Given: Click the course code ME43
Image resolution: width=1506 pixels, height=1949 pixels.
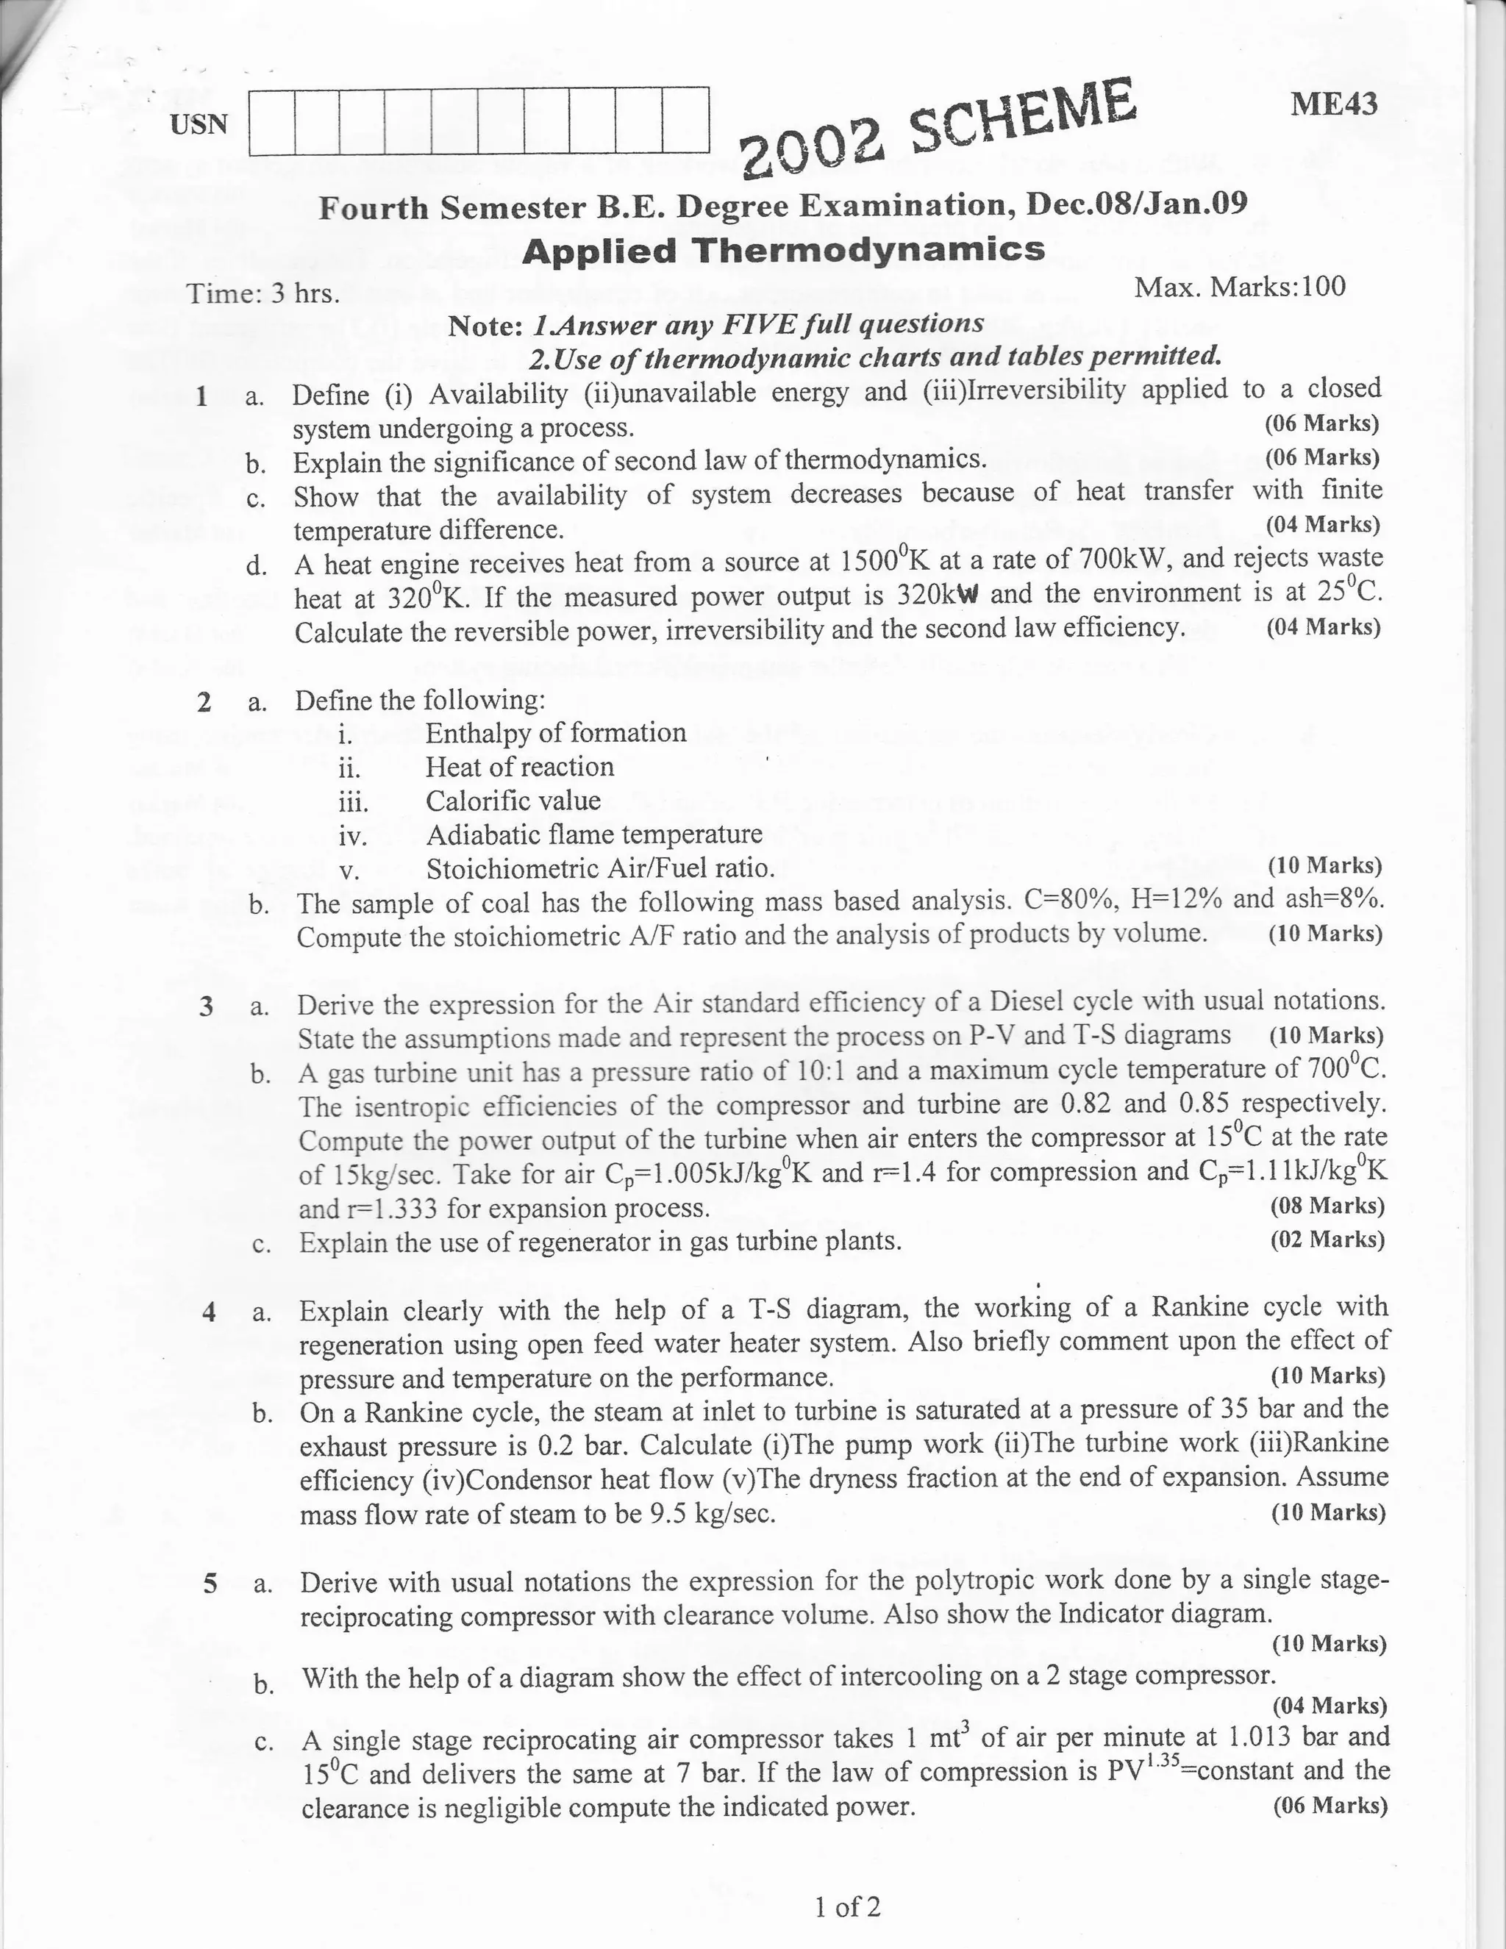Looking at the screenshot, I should [x=1334, y=104].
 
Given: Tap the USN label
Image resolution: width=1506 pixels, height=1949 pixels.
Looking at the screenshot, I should [x=199, y=124].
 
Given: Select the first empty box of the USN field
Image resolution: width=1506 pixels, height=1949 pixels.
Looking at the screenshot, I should [x=271, y=121].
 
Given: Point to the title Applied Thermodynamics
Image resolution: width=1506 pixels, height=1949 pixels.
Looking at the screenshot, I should [x=783, y=250].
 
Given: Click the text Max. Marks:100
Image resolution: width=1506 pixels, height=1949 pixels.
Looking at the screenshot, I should [x=1239, y=287].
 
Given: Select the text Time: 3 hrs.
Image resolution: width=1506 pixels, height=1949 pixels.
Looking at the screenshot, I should [x=263, y=293].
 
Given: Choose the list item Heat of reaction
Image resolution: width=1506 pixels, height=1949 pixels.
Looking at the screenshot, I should [x=520, y=767].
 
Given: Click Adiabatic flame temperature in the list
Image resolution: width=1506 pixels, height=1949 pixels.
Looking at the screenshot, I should [x=593, y=834].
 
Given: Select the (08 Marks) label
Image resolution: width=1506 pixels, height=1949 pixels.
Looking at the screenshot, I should [x=1327, y=1206].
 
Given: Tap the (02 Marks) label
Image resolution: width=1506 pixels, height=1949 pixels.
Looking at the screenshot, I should [x=1327, y=1240].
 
